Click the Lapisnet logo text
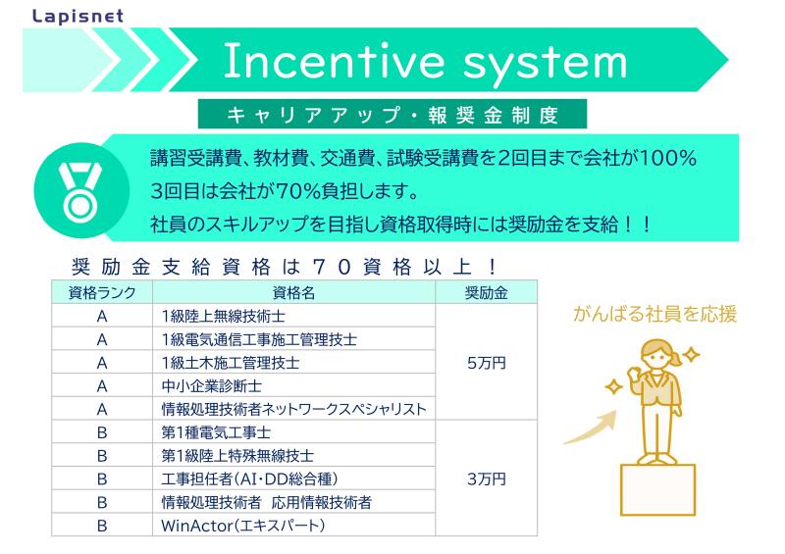pyautogui.click(x=78, y=16)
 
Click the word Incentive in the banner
pyautogui.click(x=334, y=61)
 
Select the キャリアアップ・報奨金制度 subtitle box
pyautogui.click(x=392, y=114)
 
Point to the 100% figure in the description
pyautogui.click(x=668, y=158)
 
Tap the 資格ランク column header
pyautogui.click(x=102, y=293)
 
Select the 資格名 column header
pyautogui.click(x=293, y=293)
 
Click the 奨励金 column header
pyautogui.click(x=486, y=293)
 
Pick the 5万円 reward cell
pyautogui.click(x=486, y=363)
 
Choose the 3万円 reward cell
pyautogui.click(x=486, y=478)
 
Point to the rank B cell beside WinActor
pyautogui.click(x=102, y=526)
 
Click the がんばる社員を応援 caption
pyautogui.click(x=654, y=315)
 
